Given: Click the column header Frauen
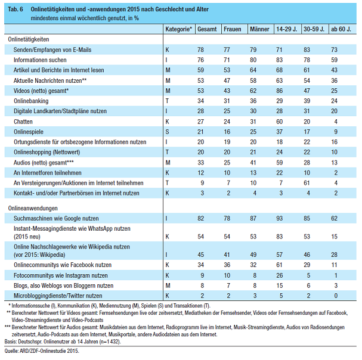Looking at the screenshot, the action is click(x=232, y=29).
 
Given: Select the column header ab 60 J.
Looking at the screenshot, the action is click(x=341, y=29).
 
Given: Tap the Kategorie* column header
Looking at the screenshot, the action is click(x=178, y=29).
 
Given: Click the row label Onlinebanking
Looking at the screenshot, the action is click(x=31, y=101).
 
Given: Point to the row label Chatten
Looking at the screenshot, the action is click(x=23, y=122).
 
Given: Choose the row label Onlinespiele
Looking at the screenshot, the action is click(x=29, y=132).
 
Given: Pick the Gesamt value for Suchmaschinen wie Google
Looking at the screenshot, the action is click(x=200, y=218).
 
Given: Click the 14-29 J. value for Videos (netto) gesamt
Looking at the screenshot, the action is click(x=279, y=91).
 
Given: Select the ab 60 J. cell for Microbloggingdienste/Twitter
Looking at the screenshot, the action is click(x=336, y=296).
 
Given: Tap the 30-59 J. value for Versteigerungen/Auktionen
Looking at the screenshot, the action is click(x=307, y=183).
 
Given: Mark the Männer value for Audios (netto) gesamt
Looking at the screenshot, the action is click(x=253, y=163).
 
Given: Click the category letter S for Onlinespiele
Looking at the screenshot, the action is click(x=167, y=132).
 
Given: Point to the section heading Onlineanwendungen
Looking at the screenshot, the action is click(x=33, y=208).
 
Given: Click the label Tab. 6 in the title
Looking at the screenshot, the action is click(x=16, y=9).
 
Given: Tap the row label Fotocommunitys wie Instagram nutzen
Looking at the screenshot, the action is click(x=61, y=275).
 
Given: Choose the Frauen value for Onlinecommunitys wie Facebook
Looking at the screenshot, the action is click(x=227, y=265).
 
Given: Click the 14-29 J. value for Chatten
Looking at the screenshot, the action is click(x=279, y=122).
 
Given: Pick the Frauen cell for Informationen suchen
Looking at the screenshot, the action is click(x=227, y=60).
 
